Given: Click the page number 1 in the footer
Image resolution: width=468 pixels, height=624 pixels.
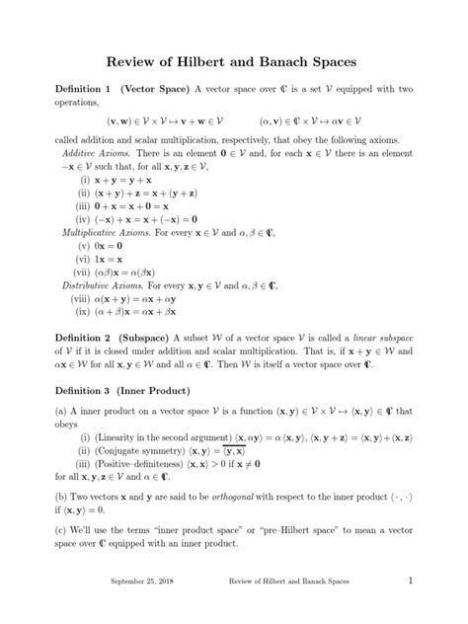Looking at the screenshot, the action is tap(408, 609).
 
